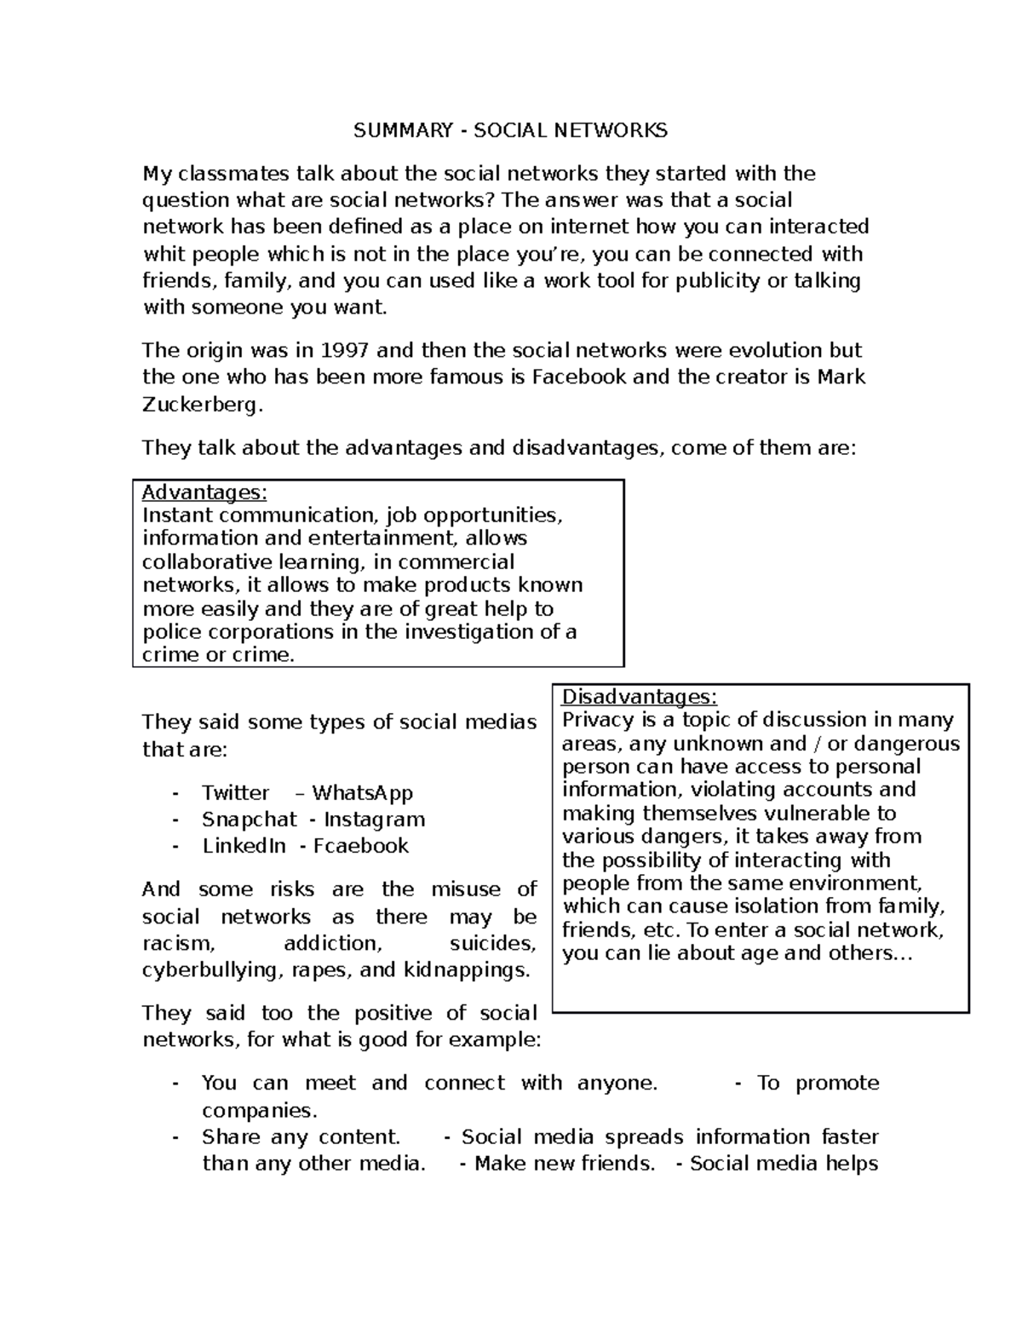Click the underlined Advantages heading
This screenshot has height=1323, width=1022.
pos(204,492)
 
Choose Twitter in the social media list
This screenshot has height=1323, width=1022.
pos(235,793)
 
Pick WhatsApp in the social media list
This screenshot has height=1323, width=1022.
pos(362,793)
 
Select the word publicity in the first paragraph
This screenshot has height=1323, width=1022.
pos(717,281)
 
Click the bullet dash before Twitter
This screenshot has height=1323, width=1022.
pos(175,793)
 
